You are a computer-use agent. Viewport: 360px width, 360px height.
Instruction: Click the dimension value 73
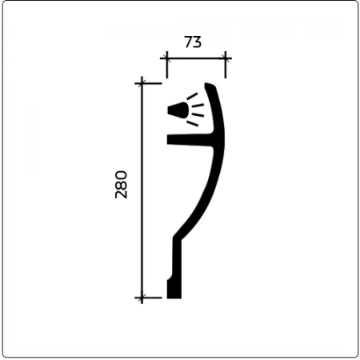(x=193, y=42)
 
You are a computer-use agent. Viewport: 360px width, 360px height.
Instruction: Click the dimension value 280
(x=121, y=185)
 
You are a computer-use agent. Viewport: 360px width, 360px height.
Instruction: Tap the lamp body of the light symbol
(x=178, y=110)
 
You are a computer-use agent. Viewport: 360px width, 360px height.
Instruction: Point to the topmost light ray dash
(x=192, y=96)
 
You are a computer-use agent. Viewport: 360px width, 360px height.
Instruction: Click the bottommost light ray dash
(x=192, y=123)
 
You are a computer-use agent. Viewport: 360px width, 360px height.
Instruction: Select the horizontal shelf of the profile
(x=190, y=140)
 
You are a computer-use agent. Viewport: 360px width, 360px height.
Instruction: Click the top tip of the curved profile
(x=206, y=84)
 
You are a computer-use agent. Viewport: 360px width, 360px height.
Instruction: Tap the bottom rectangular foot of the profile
(x=174, y=290)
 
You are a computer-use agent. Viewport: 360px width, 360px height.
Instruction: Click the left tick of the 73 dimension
(x=167, y=58)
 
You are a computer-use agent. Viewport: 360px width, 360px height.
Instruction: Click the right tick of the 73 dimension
(x=226, y=58)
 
